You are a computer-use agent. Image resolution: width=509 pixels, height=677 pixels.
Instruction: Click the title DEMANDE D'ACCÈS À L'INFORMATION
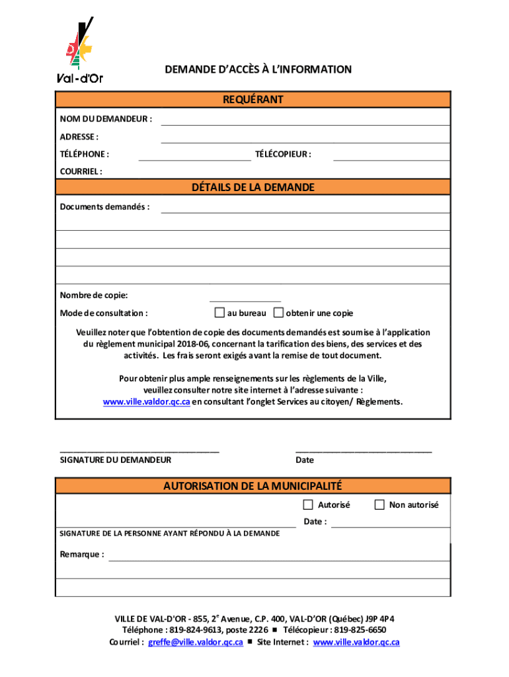point(258,69)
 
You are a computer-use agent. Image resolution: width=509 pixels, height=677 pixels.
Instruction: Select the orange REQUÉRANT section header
point(253,99)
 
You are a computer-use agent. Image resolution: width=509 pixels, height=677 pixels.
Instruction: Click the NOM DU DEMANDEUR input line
point(305,120)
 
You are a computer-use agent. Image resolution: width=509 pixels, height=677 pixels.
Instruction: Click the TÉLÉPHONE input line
point(194,155)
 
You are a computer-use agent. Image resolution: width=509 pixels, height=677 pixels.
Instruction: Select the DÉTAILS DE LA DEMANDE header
point(253,188)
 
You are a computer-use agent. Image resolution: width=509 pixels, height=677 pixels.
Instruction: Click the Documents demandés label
point(104,207)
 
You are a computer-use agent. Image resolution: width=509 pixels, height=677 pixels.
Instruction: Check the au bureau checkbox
point(219,313)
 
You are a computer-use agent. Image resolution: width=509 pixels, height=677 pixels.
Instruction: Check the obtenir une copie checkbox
point(278,313)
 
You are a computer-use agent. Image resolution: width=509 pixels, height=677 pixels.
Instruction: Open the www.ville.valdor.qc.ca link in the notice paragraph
point(147,402)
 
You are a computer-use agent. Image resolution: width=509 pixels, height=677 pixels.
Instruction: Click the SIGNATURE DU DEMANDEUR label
point(116,460)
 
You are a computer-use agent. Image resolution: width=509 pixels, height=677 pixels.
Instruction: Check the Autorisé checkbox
point(308,505)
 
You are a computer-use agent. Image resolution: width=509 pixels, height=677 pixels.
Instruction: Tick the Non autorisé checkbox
point(379,505)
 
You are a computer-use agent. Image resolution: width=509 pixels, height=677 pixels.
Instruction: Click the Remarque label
point(82,555)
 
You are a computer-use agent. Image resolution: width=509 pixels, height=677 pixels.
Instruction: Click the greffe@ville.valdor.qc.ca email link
point(196,642)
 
